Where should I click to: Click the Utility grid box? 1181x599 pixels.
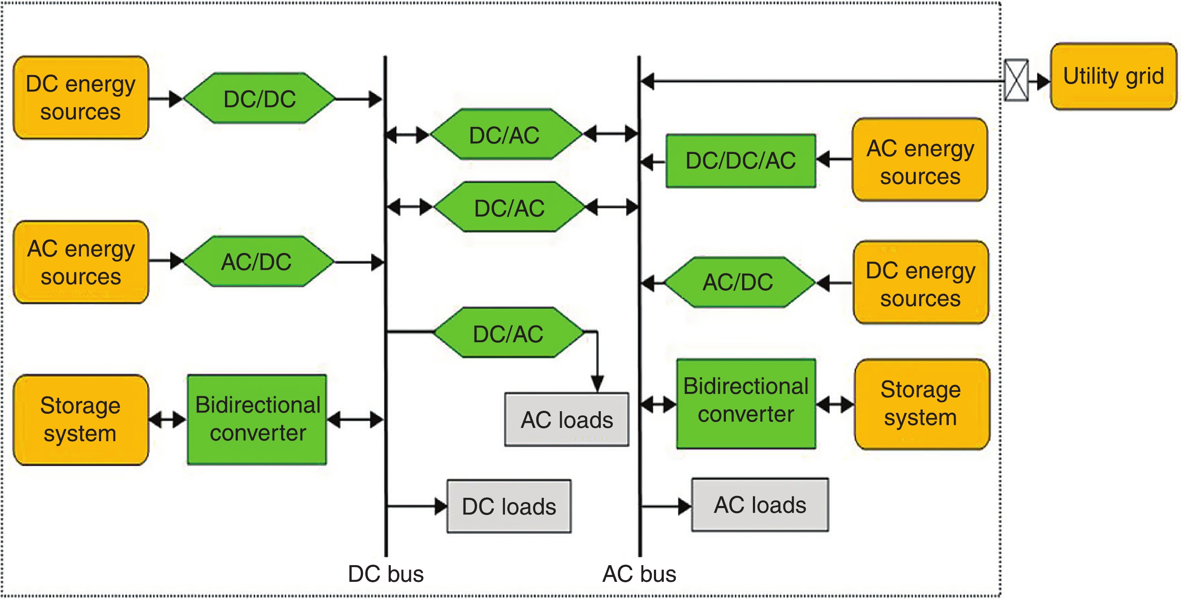[x=1113, y=77]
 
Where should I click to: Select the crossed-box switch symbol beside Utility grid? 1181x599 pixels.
[x=1016, y=80]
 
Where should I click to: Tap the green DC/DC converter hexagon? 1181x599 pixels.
[x=260, y=98]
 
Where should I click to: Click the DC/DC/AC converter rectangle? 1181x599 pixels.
[x=740, y=161]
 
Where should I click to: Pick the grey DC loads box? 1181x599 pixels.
[x=509, y=506]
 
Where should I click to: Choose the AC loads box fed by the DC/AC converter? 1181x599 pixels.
[x=567, y=419]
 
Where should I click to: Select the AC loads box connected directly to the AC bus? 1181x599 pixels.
[x=760, y=505]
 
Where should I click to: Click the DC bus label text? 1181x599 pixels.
[x=386, y=574]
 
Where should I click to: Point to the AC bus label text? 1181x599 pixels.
[x=639, y=574]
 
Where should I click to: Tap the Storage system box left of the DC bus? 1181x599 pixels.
[x=81, y=420]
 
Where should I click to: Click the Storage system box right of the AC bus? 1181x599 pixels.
[x=921, y=404]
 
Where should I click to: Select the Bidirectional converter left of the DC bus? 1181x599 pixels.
[x=257, y=419]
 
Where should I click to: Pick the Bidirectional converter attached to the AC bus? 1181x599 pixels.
[x=746, y=403]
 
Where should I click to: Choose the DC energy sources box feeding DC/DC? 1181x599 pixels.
[x=81, y=98]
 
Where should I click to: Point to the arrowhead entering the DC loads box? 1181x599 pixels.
[x=441, y=506]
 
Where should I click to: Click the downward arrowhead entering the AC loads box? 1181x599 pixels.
[x=597, y=383]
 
